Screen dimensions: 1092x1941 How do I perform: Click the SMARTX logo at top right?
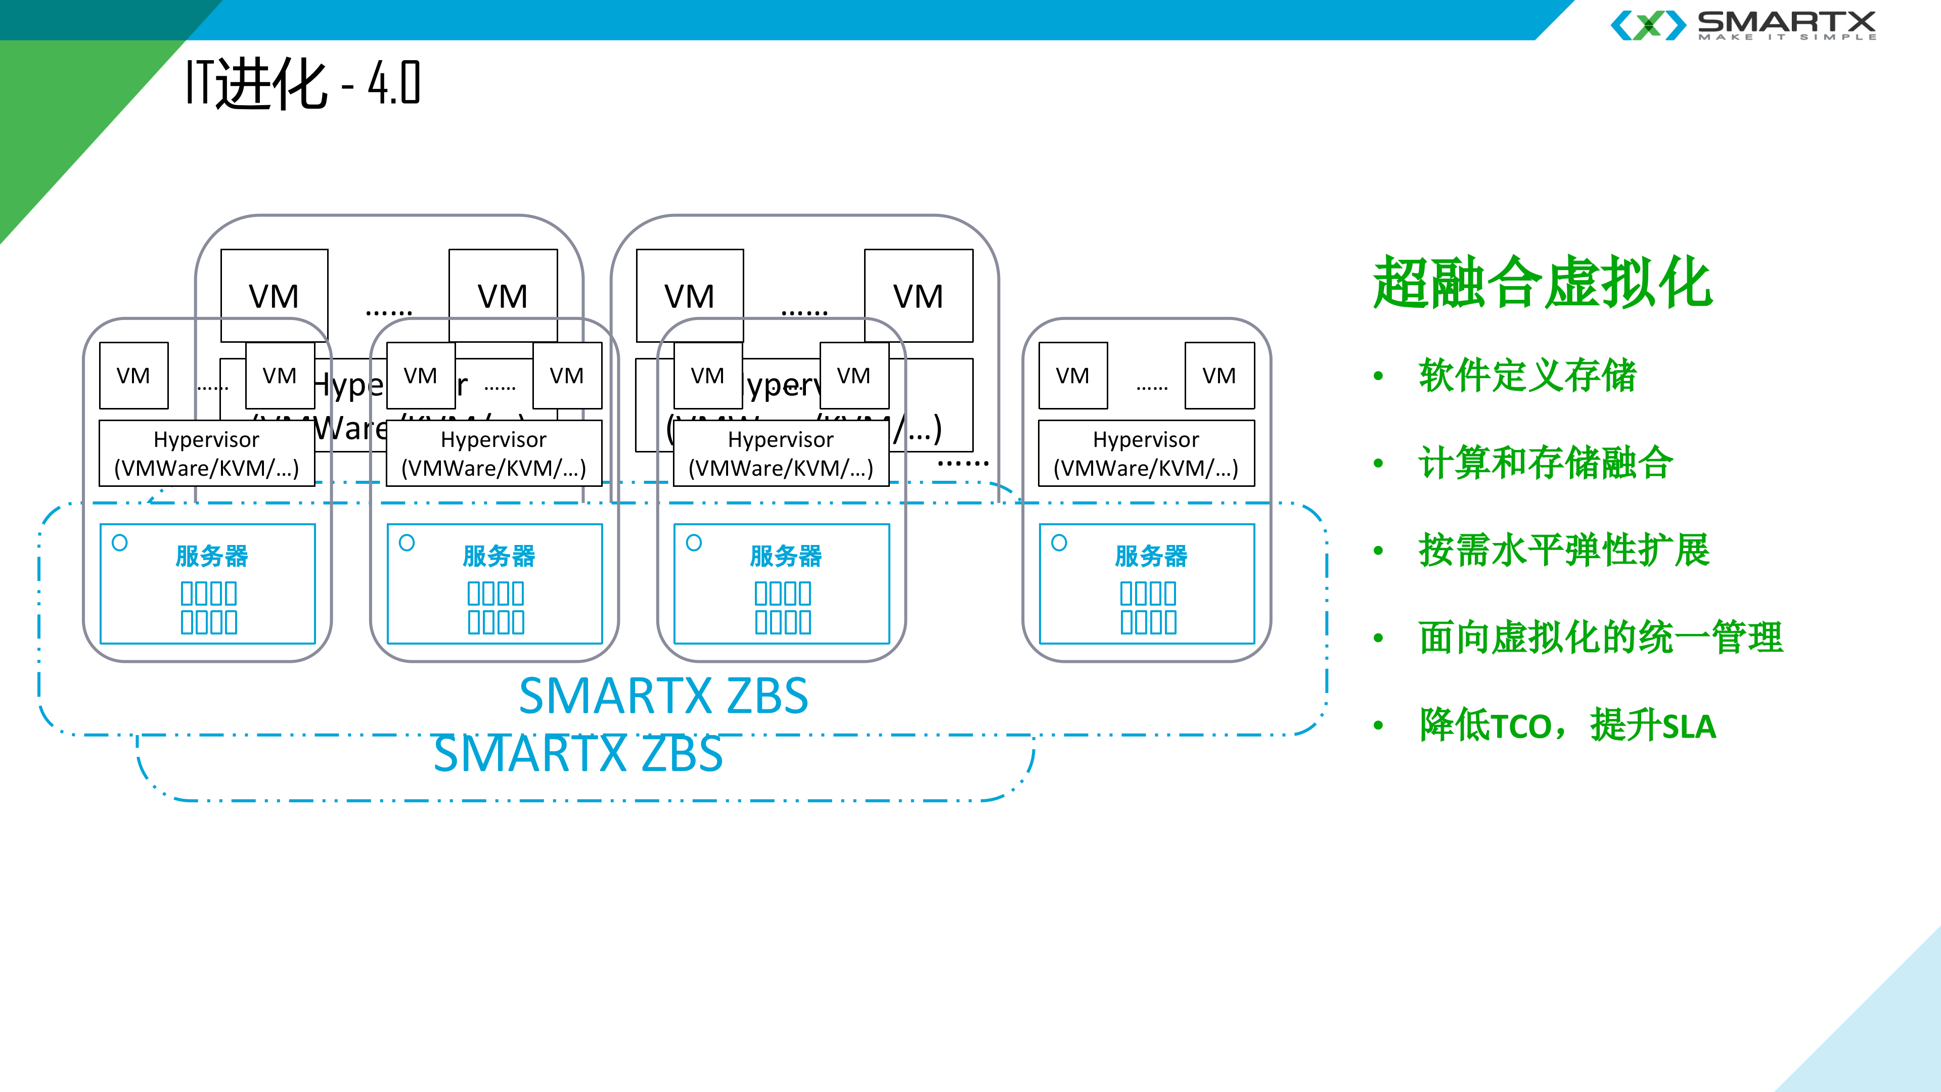coord(1743,25)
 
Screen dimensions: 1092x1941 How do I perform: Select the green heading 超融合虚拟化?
coord(1542,283)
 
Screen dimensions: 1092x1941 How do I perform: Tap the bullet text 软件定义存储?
coord(1526,375)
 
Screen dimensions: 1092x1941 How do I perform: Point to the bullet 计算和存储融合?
coord(1545,463)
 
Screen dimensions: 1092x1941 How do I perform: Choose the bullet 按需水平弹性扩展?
coord(1563,550)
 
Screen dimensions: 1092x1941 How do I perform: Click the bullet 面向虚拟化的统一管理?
coord(1600,638)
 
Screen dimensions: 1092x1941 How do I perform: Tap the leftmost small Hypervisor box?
coord(206,453)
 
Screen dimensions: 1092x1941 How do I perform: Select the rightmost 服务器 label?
coord(1151,556)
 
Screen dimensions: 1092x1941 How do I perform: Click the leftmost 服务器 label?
coord(212,556)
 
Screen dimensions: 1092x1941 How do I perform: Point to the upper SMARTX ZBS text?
coord(663,696)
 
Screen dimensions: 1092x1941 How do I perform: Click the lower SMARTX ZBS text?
coord(578,754)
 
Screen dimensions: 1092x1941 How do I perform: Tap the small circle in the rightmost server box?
coord(1059,542)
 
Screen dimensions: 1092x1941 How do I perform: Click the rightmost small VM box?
coord(1218,375)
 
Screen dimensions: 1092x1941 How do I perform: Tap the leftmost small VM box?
coord(133,375)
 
